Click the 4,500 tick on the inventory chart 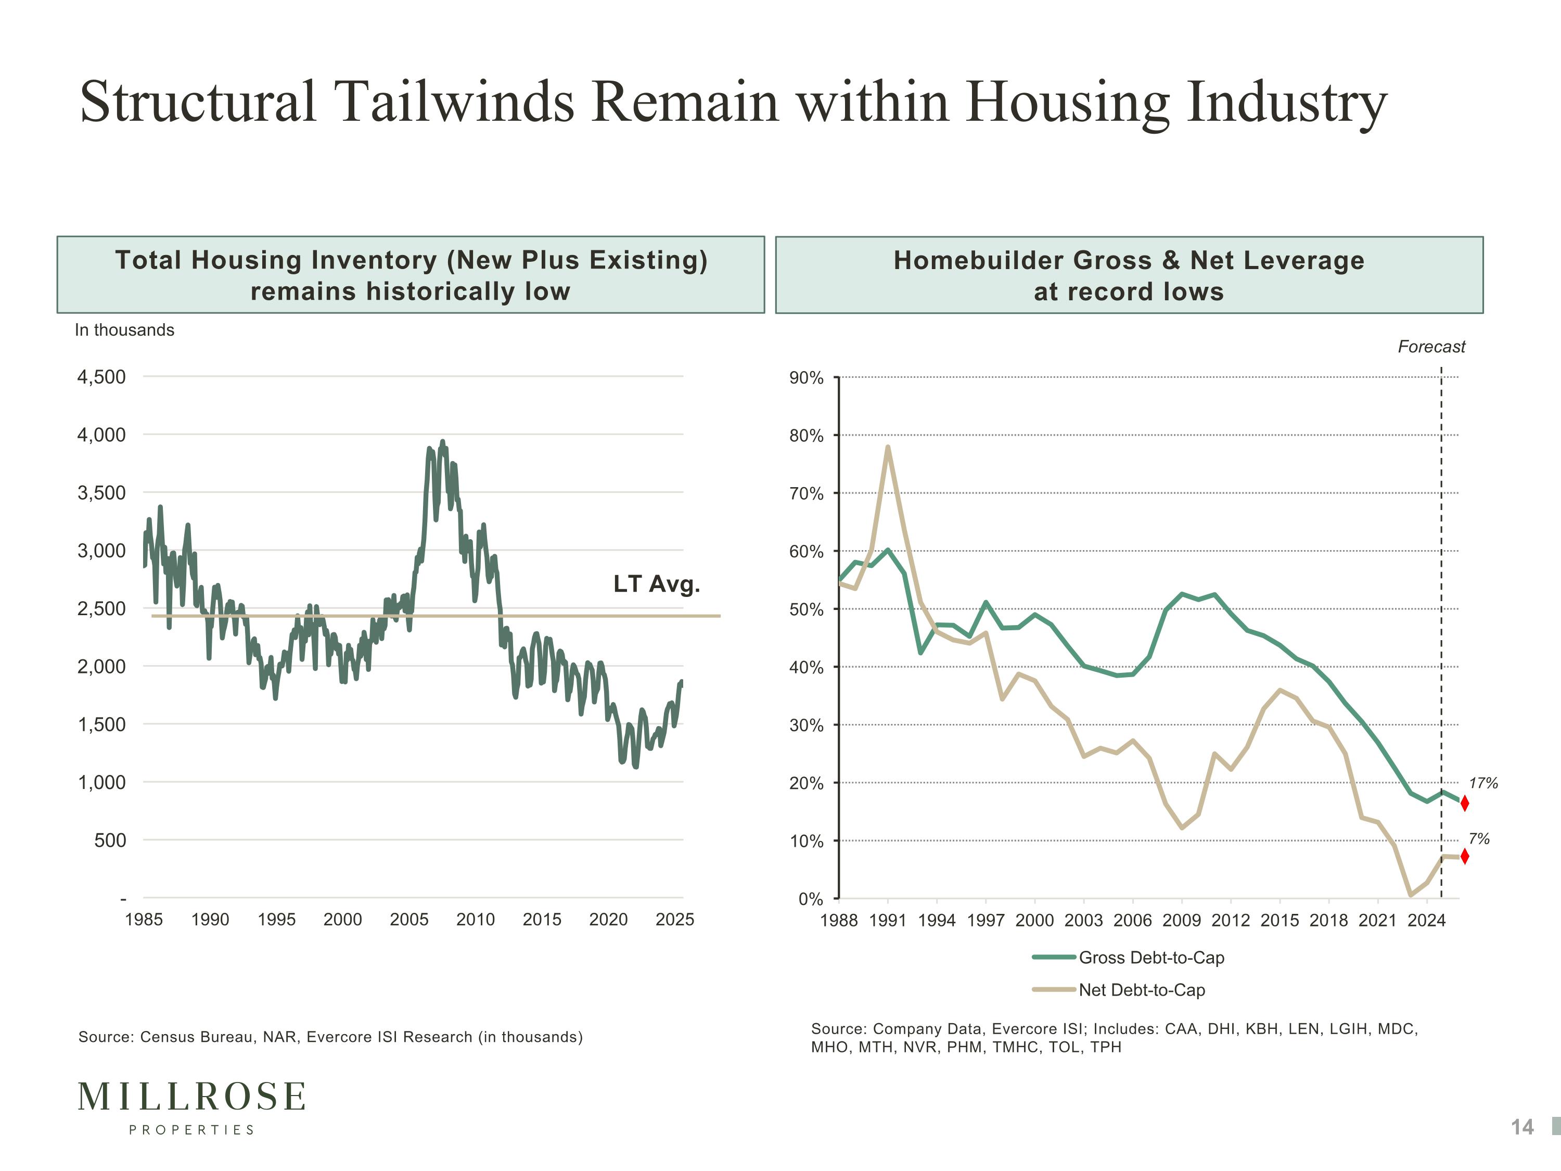(x=101, y=377)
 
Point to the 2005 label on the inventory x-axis (x=410, y=920)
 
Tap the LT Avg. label (x=656, y=584)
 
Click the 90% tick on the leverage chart (x=807, y=378)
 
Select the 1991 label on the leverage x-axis (x=888, y=921)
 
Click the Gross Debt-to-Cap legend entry (x=1151, y=958)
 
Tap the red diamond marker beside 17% (x=1464, y=803)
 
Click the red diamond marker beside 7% (x=1464, y=856)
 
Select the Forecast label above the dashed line (x=1431, y=347)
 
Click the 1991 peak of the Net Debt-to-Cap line (x=888, y=447)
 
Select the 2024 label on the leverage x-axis (x=1426, y=921)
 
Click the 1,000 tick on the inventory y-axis (x=101, y=782)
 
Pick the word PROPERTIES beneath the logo (x=192, y=1130)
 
